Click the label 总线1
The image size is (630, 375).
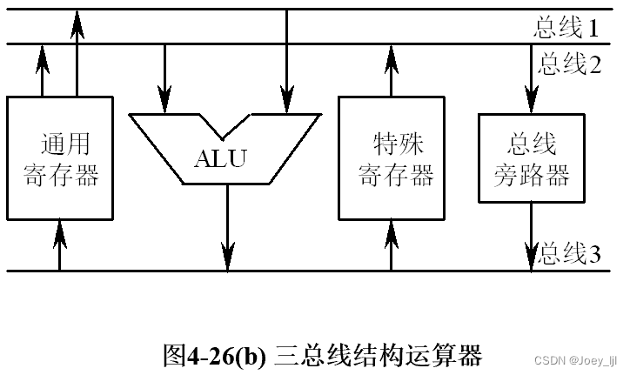(x=566, y=29)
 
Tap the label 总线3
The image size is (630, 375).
(x=571, y=255)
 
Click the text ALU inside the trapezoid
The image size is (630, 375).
(x=220, y=159)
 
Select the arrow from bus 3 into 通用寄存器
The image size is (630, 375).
(x=59, y=231)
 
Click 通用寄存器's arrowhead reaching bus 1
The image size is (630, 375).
(x=77, y=22)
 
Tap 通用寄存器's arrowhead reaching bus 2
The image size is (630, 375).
(x=42, y=57)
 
